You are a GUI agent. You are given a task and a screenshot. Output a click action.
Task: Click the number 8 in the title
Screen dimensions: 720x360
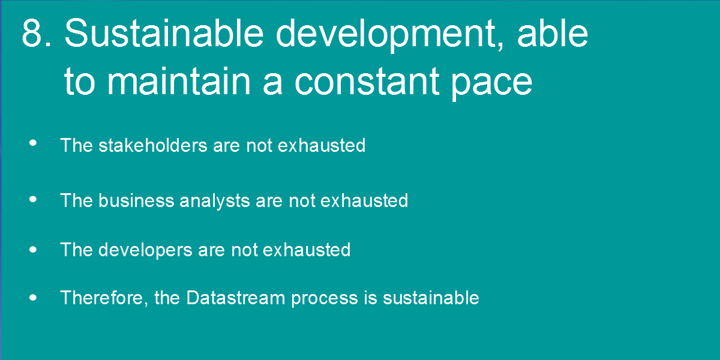[x=32, y=33]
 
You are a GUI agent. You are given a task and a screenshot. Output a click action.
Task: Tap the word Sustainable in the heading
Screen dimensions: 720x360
[x=164, y=33]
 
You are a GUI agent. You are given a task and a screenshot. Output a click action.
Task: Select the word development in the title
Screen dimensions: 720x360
[x=390, y=35]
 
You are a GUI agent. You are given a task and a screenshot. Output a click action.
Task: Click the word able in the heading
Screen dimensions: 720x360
[x=553, y=33]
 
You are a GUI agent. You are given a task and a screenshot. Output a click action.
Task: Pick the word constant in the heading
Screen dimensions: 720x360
[x=367, y=82]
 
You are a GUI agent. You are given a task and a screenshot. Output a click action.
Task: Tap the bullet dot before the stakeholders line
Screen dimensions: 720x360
[x=33, y=143]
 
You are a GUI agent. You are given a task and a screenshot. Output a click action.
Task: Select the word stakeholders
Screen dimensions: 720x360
[x=153, y=145]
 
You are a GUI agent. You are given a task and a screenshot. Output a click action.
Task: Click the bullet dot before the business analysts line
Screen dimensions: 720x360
[x=33, y=199]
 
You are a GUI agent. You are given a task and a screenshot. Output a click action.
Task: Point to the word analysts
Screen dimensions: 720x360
[x=215, y=202]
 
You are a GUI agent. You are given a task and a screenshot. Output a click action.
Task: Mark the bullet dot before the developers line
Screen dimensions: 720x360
[x=33, y=250]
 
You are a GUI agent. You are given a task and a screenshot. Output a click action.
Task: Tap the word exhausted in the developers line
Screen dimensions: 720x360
[x=307, y=250]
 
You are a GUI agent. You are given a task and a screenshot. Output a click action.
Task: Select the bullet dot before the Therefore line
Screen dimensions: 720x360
[x=33, y=298]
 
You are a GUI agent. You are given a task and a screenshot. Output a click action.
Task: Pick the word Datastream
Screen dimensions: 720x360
[x=236, y=298]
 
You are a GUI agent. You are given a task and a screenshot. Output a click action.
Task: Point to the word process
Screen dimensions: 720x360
[x=325, y=299]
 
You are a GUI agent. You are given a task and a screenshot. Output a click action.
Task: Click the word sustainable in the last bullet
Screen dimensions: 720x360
[x=431, y=298]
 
